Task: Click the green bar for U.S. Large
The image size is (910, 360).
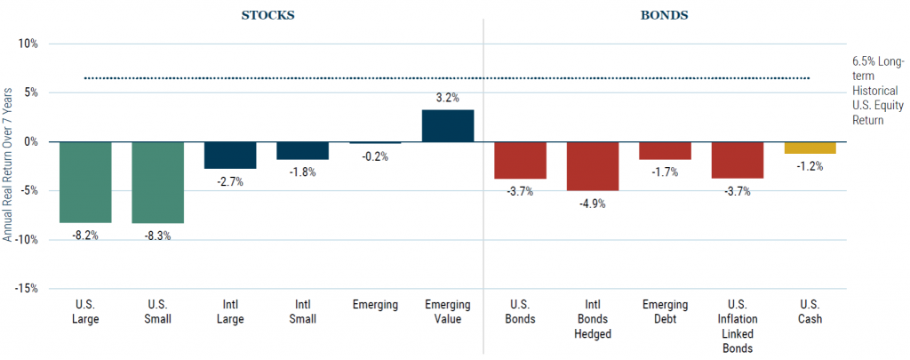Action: pyautogui.click(x=86, y=182)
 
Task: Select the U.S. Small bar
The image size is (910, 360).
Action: pyautogui.click(x=158, y=182)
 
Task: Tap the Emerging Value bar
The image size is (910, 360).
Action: pyautogui.click(x=448, y=126)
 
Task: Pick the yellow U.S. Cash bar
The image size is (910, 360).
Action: pyautogui.click(x=810, y=148)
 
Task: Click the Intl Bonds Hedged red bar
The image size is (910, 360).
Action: pyautogui.click(x=593, y=166)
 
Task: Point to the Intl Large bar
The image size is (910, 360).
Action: pyautogui.click(x=230, y=156)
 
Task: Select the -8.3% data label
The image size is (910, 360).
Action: pyautogui.click(x=158, y=236)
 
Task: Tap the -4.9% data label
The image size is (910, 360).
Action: pyautogui.click(x=593, y=203)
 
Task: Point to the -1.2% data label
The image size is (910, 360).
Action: pyautogui.click(x=810, y=166)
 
